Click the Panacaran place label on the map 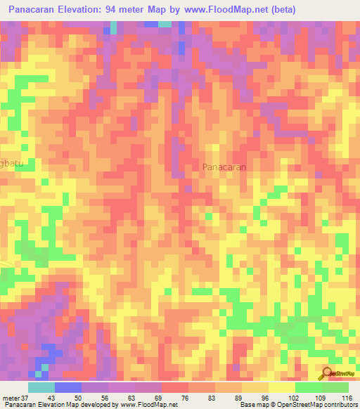pyautogui.click(x=224, y=167)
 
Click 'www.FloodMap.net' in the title pyautogui.click(x=231, y=10)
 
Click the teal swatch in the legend pyautogui.click(x=41, y=387)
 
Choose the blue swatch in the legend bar pyautogui.click(x=68, y=387)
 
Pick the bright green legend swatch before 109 pyautogui.click(x=309, y=387)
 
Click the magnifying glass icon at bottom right pyautogui.click(x=328, y=373)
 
